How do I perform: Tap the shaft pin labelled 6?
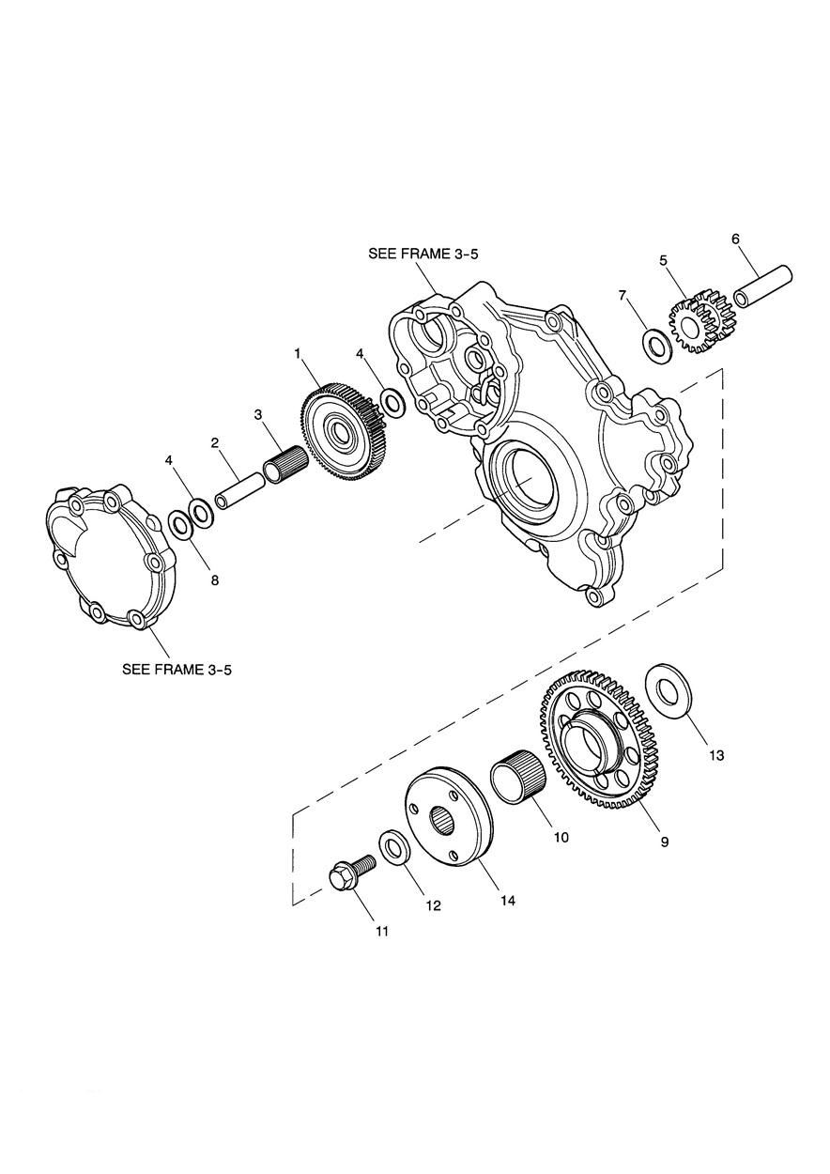(762, 286)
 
